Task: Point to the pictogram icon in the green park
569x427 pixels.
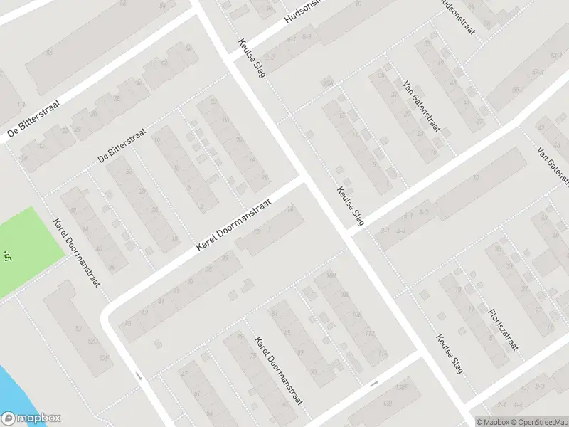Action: point(9,254)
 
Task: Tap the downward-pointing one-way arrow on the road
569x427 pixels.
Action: point(140,375)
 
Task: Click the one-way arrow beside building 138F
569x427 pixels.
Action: point(375,384)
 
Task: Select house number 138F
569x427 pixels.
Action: point(402,386)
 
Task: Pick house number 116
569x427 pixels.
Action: point(383,353)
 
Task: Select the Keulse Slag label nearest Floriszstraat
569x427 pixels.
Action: point(450,354)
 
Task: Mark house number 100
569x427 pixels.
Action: point(331,275)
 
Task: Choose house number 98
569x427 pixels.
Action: point(265,176)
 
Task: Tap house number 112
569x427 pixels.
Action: point(370,333)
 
